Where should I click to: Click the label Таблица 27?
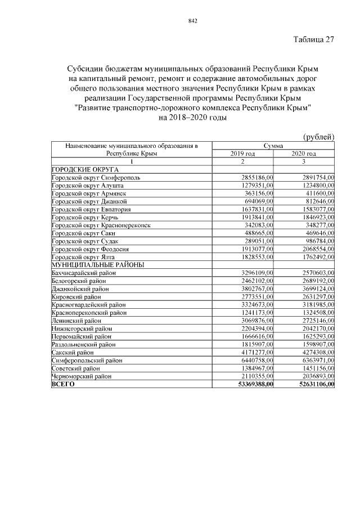coord(314,40)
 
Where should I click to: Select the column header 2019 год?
coord(243,154)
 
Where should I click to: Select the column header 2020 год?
coord(304,154)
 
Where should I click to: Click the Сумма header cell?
coord(273,146)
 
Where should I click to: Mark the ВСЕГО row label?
coord(62,384)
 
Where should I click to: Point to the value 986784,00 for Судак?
coord(316,240)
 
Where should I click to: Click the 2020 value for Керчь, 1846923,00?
coord(314,217)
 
